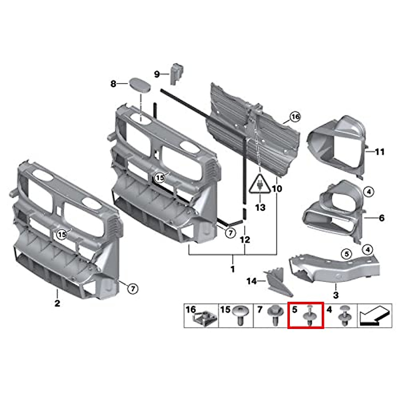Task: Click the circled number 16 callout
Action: pos(295,117)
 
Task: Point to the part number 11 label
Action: pos(379,152)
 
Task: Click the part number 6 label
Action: pos(381,218)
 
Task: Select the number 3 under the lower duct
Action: pos(336,295)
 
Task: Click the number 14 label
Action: pos(251,281)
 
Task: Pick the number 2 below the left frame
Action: pos(57,303)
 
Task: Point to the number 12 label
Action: pos(245,239)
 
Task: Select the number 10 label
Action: pos(277,189)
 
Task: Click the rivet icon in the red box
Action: pos(310,316)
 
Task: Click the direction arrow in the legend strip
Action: pos(373,316)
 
